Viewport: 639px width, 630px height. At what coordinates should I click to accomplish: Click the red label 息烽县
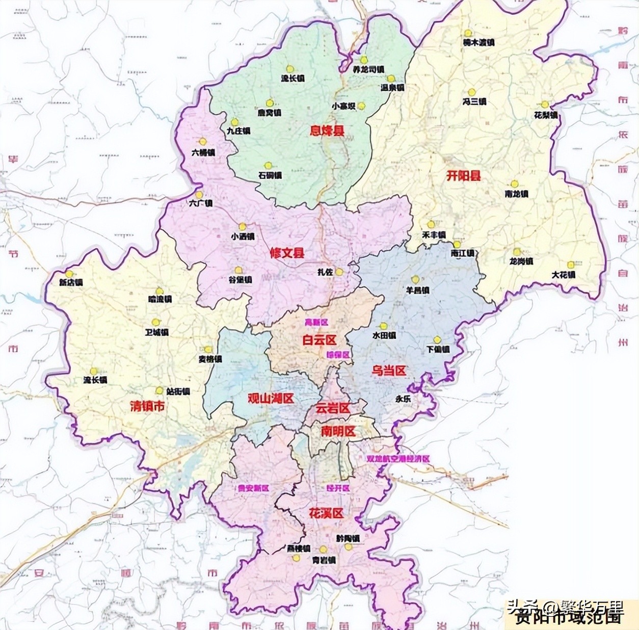point(327,131)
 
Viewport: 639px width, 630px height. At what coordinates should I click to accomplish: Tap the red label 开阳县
point(464,176)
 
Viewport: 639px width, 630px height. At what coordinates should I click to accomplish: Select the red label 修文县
point(287,253)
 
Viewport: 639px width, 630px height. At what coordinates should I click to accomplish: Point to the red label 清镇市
point(147,407)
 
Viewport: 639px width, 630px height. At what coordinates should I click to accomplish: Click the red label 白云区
point(320,340)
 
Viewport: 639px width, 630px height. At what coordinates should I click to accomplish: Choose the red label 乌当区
point(389,371)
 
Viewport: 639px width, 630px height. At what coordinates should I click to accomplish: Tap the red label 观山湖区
point(271,399)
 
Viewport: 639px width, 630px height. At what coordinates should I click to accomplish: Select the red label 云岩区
point(332,408)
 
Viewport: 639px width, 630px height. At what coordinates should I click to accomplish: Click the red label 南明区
point(338,431)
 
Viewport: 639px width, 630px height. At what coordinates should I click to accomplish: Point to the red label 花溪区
point(326,513)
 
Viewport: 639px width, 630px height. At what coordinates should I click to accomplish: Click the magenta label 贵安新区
point(253,488)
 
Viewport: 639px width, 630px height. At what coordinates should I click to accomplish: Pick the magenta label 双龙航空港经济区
point(398,459)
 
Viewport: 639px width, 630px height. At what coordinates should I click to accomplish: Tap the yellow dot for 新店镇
point(69,274)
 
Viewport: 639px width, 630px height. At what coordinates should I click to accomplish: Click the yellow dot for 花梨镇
point(545,105)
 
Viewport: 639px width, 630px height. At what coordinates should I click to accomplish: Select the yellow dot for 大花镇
point(571,265)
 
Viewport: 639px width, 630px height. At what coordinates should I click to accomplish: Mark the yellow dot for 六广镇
point(199,195)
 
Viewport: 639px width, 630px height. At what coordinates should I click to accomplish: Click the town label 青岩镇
point(324,560)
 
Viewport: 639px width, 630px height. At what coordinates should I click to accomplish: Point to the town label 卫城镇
point(156,332)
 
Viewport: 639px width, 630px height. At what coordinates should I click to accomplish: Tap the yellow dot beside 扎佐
point(339,272)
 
